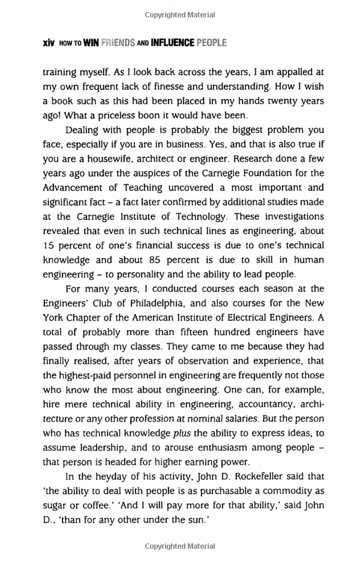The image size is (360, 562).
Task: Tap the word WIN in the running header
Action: [x=91, y=44]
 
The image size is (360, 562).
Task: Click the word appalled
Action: [x=294, y=72]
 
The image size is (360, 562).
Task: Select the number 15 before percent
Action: [x=49, y=245]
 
